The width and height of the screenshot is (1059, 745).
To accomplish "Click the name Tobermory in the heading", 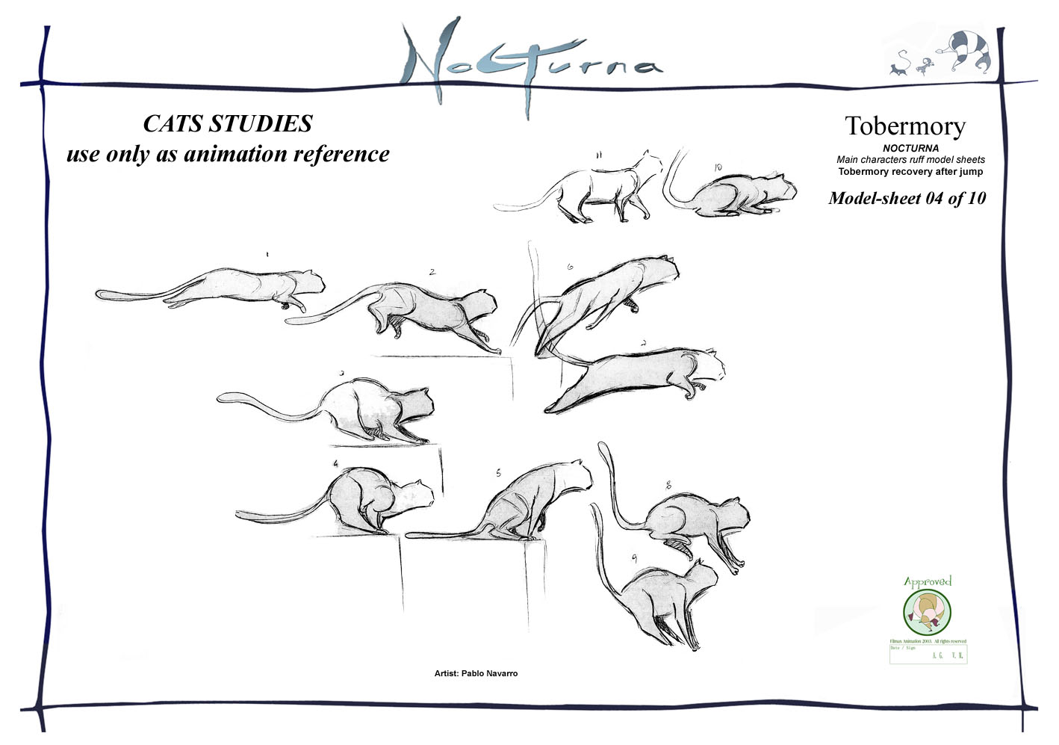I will click(905, 126).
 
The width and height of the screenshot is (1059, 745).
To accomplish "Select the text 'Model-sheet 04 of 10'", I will click(907, 198).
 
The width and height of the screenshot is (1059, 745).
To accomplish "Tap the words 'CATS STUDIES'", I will click(228, 123).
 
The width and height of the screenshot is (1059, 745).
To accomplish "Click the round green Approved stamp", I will click(927, 610).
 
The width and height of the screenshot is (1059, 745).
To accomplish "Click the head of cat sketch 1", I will click(311, 282).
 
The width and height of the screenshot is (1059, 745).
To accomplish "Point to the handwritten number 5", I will click(498, 473).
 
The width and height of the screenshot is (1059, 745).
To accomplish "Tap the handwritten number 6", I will click(570, 267).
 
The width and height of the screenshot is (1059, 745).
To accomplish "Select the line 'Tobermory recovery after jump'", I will click(910, 172).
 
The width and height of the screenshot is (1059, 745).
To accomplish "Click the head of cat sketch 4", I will click(416, 495).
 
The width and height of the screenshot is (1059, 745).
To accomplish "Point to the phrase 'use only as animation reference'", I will click(228, 154).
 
